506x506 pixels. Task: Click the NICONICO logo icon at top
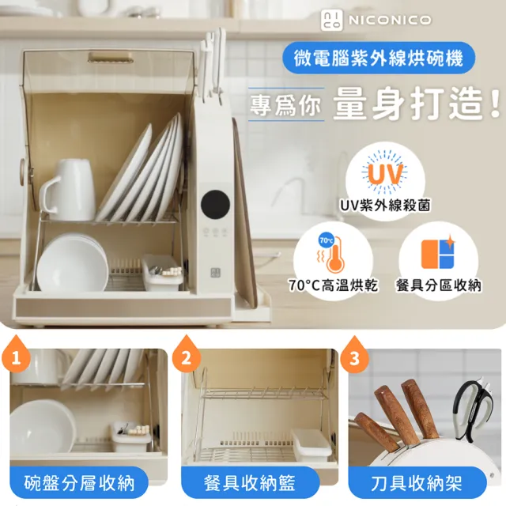point(332,20)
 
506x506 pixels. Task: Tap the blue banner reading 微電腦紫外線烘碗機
point(379,58)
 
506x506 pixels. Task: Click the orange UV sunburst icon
point(385,172)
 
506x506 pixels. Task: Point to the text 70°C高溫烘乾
point(333,285)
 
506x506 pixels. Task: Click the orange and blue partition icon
point(439,253)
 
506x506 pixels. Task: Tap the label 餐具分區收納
point(439,285)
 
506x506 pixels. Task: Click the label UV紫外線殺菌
point(385,206)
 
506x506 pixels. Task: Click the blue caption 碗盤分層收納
point(79,483)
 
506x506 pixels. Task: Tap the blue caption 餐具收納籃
point(250,483)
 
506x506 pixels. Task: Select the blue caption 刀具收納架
point(417,483)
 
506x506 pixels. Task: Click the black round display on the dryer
point(215,205)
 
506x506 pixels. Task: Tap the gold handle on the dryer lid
point(111,57)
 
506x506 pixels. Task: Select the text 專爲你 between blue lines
point(285,105)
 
